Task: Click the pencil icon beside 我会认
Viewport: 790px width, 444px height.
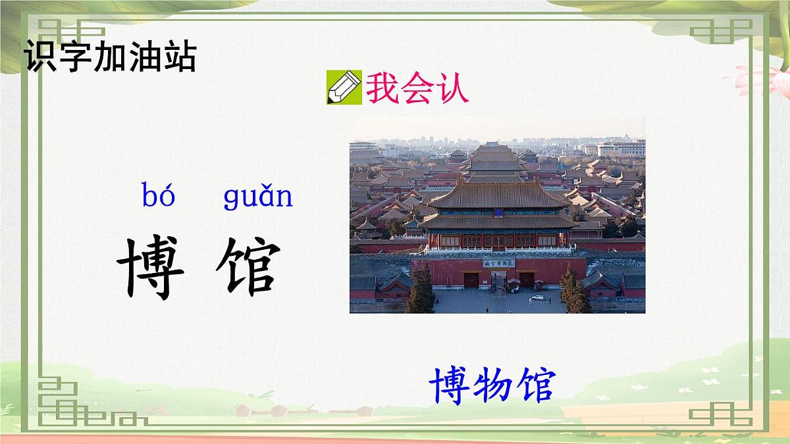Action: point(344,87)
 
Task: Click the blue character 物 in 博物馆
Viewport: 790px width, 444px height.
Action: point(492,385)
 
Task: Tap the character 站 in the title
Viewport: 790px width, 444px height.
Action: point(180,57)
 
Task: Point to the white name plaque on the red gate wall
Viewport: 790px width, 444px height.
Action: point(498,263)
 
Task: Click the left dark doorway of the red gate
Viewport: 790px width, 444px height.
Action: point(471,280)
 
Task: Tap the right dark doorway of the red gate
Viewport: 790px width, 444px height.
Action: point(527,280)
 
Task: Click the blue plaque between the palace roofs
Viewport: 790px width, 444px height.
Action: point(498,212)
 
